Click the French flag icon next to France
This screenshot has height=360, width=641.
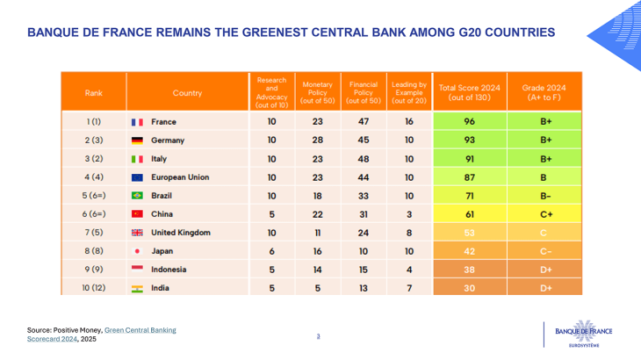(x=137, y=122)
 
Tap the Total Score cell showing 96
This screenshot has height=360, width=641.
(x=469, y=122)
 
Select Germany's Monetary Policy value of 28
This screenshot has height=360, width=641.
(x=318, y=140)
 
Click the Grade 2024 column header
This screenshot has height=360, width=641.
(x=544, y=92)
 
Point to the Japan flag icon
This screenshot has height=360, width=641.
(x=137, y=251)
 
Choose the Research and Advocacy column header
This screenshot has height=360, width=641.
(x=271, y=92)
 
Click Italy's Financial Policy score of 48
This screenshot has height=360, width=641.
(x=364, y=159)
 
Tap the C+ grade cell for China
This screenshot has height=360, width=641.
(x=544, y=214)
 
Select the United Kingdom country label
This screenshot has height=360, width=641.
(x=181, y=233)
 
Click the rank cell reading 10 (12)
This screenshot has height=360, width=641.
(x=93, y=288)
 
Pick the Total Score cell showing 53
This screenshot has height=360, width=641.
(x=469, y=233)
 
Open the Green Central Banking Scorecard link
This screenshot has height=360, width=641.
(x=140, y=330)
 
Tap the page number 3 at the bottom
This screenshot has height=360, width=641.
(x=319, y=335)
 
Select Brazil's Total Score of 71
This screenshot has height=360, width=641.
(x=469, y=196)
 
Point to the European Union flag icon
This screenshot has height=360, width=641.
(x=137, y=177)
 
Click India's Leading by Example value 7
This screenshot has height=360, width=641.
(x=409, y=288)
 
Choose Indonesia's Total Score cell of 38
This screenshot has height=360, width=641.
(x=469, y=270)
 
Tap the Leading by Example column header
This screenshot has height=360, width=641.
(x=409, y=92)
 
